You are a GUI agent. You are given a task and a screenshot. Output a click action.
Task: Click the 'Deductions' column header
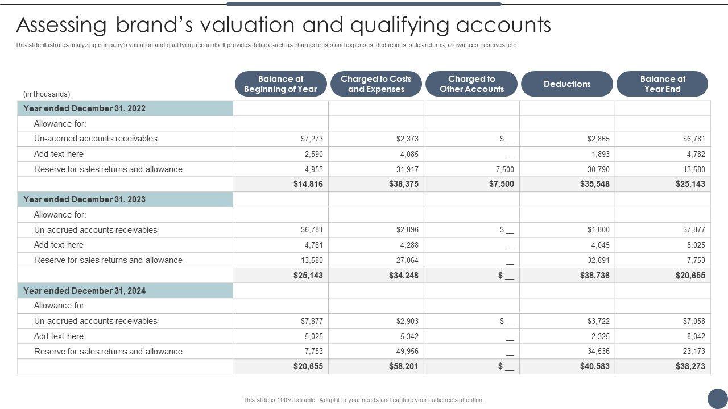567,84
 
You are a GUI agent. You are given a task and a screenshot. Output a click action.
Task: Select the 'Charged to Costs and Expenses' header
376,84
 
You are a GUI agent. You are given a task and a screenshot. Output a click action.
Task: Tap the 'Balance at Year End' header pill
663,84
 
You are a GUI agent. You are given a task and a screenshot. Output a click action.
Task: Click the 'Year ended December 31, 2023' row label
84,199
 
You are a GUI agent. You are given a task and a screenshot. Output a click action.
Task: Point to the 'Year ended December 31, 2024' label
84,291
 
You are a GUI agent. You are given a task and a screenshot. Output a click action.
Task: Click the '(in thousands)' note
47,94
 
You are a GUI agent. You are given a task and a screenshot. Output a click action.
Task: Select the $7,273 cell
312,139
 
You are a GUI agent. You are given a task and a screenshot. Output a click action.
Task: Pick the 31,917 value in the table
407,169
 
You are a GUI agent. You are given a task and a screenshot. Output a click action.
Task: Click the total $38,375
404,184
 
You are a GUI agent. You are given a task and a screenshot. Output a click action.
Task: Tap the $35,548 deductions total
594,184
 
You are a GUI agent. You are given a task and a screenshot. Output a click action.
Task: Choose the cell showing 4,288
409,245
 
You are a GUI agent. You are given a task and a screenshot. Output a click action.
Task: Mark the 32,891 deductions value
598,260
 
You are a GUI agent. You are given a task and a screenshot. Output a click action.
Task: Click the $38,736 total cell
594,276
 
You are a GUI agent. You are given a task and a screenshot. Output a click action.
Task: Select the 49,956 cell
407,351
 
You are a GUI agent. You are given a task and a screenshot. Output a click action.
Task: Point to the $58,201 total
404,366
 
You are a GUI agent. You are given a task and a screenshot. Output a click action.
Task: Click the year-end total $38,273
690,366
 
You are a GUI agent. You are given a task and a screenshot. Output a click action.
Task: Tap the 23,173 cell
694,351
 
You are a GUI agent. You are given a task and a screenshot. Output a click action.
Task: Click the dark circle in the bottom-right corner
717,398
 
